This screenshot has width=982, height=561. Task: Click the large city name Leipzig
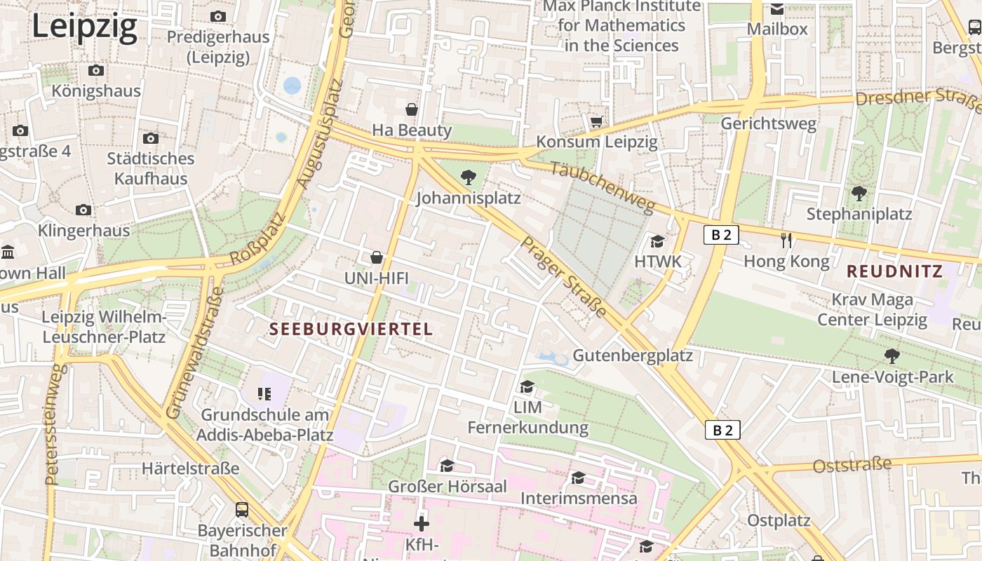pyautogui.click(x=84, y=27)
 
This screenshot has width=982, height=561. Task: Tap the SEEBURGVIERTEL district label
pyautogui.click(x=351, y=329)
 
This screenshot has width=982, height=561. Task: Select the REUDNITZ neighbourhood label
pyautogui.click(x=894, y=271)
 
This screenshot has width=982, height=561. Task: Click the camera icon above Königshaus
pyautogui.click(x=96, y=70)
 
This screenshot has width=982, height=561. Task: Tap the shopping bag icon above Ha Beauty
pyautogui.click(x=412, y=109)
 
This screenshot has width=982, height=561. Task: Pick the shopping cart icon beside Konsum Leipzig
pyautogui.click(x=596, y=122)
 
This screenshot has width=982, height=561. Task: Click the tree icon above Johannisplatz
pyautogui.click(x=468, y=177)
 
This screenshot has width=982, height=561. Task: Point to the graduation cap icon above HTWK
pyautogui.click(x=657, y=242)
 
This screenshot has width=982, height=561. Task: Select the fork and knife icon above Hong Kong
pyautogui.click(x=786, y=241)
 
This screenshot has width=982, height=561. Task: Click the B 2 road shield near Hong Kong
pyautogui.click(x=721, y=235)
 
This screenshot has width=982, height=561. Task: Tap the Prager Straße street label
pyautogui.click(x=563, y=276)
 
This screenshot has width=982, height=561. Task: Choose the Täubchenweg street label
pyautogui.click(x=602, y=187)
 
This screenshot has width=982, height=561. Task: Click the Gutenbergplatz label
pyautogui.click(x=633, y=356)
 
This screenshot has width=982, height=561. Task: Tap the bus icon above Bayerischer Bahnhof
pyautogui.click(x=242, y=510)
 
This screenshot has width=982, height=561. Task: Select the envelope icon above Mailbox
pyautogui.click(x=777, y=8)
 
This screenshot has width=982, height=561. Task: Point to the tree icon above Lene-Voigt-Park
pyautogui.click(x=892, y=356)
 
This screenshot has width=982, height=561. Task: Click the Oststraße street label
pyautogui.click(x=852, y=464)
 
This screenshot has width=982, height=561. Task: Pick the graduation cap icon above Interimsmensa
pyautogui.click(x=578, y=478)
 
